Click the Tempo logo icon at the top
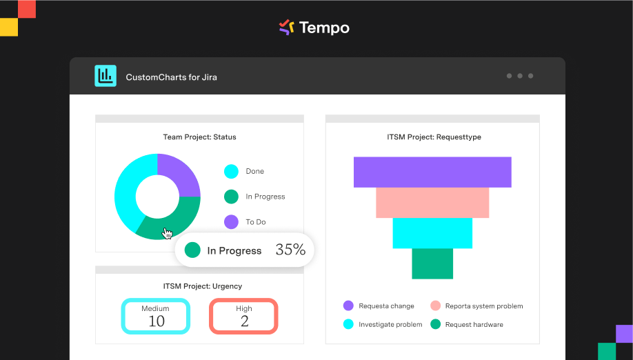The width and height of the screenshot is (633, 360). tap(286, 28)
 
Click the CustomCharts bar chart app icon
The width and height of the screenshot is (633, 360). tap(105, 76)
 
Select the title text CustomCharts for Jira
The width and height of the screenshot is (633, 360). tap(171, 77)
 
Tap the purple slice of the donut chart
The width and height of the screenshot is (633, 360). tap(177, 176)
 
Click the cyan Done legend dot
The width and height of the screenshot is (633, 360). tap(231, 172)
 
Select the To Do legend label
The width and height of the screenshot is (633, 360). tap(255, 222)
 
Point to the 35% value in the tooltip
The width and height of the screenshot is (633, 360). tap(290, 250)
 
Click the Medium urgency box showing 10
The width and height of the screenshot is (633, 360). tap(157, 317)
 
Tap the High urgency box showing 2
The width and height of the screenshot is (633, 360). tap(244, 317)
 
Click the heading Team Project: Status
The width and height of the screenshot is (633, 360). tap(199, 137)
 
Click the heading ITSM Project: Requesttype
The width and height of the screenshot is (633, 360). tap(434, 137)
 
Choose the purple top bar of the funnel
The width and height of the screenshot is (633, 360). tap(432, 172)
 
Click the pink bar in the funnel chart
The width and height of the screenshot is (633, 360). tap(432, 203)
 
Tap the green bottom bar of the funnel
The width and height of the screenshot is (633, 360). tap(432, 263)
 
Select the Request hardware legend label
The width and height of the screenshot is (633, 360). tap(474, 324)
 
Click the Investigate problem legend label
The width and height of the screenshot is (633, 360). tap(390, 324)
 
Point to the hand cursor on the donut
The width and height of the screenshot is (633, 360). tap(167, 233)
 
